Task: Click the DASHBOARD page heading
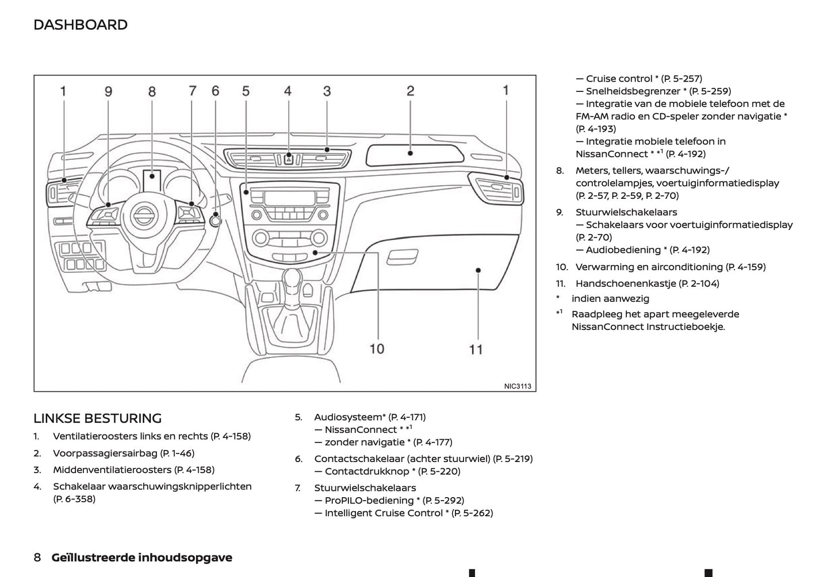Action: click(x=81, y=25)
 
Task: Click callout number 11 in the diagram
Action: click(x=476, y=349)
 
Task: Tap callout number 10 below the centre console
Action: click(x=377, y=348)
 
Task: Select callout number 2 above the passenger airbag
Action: click(x=410, y=91)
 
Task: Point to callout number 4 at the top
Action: click(x=288, y=91)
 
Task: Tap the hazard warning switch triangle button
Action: click(x=288, y=159)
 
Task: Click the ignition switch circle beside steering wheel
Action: click(x=216, y=220)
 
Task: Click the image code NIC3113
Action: click(x=518, y=386)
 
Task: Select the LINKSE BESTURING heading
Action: click(x=97, y=418)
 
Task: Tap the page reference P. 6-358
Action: click(x=74, y=499)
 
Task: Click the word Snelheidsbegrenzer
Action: click(x=633, y=91)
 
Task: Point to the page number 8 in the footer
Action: click(x=37, y=557)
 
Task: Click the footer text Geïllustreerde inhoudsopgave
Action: click(x=142, y=557)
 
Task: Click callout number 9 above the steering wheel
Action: click(x=108, y=91)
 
